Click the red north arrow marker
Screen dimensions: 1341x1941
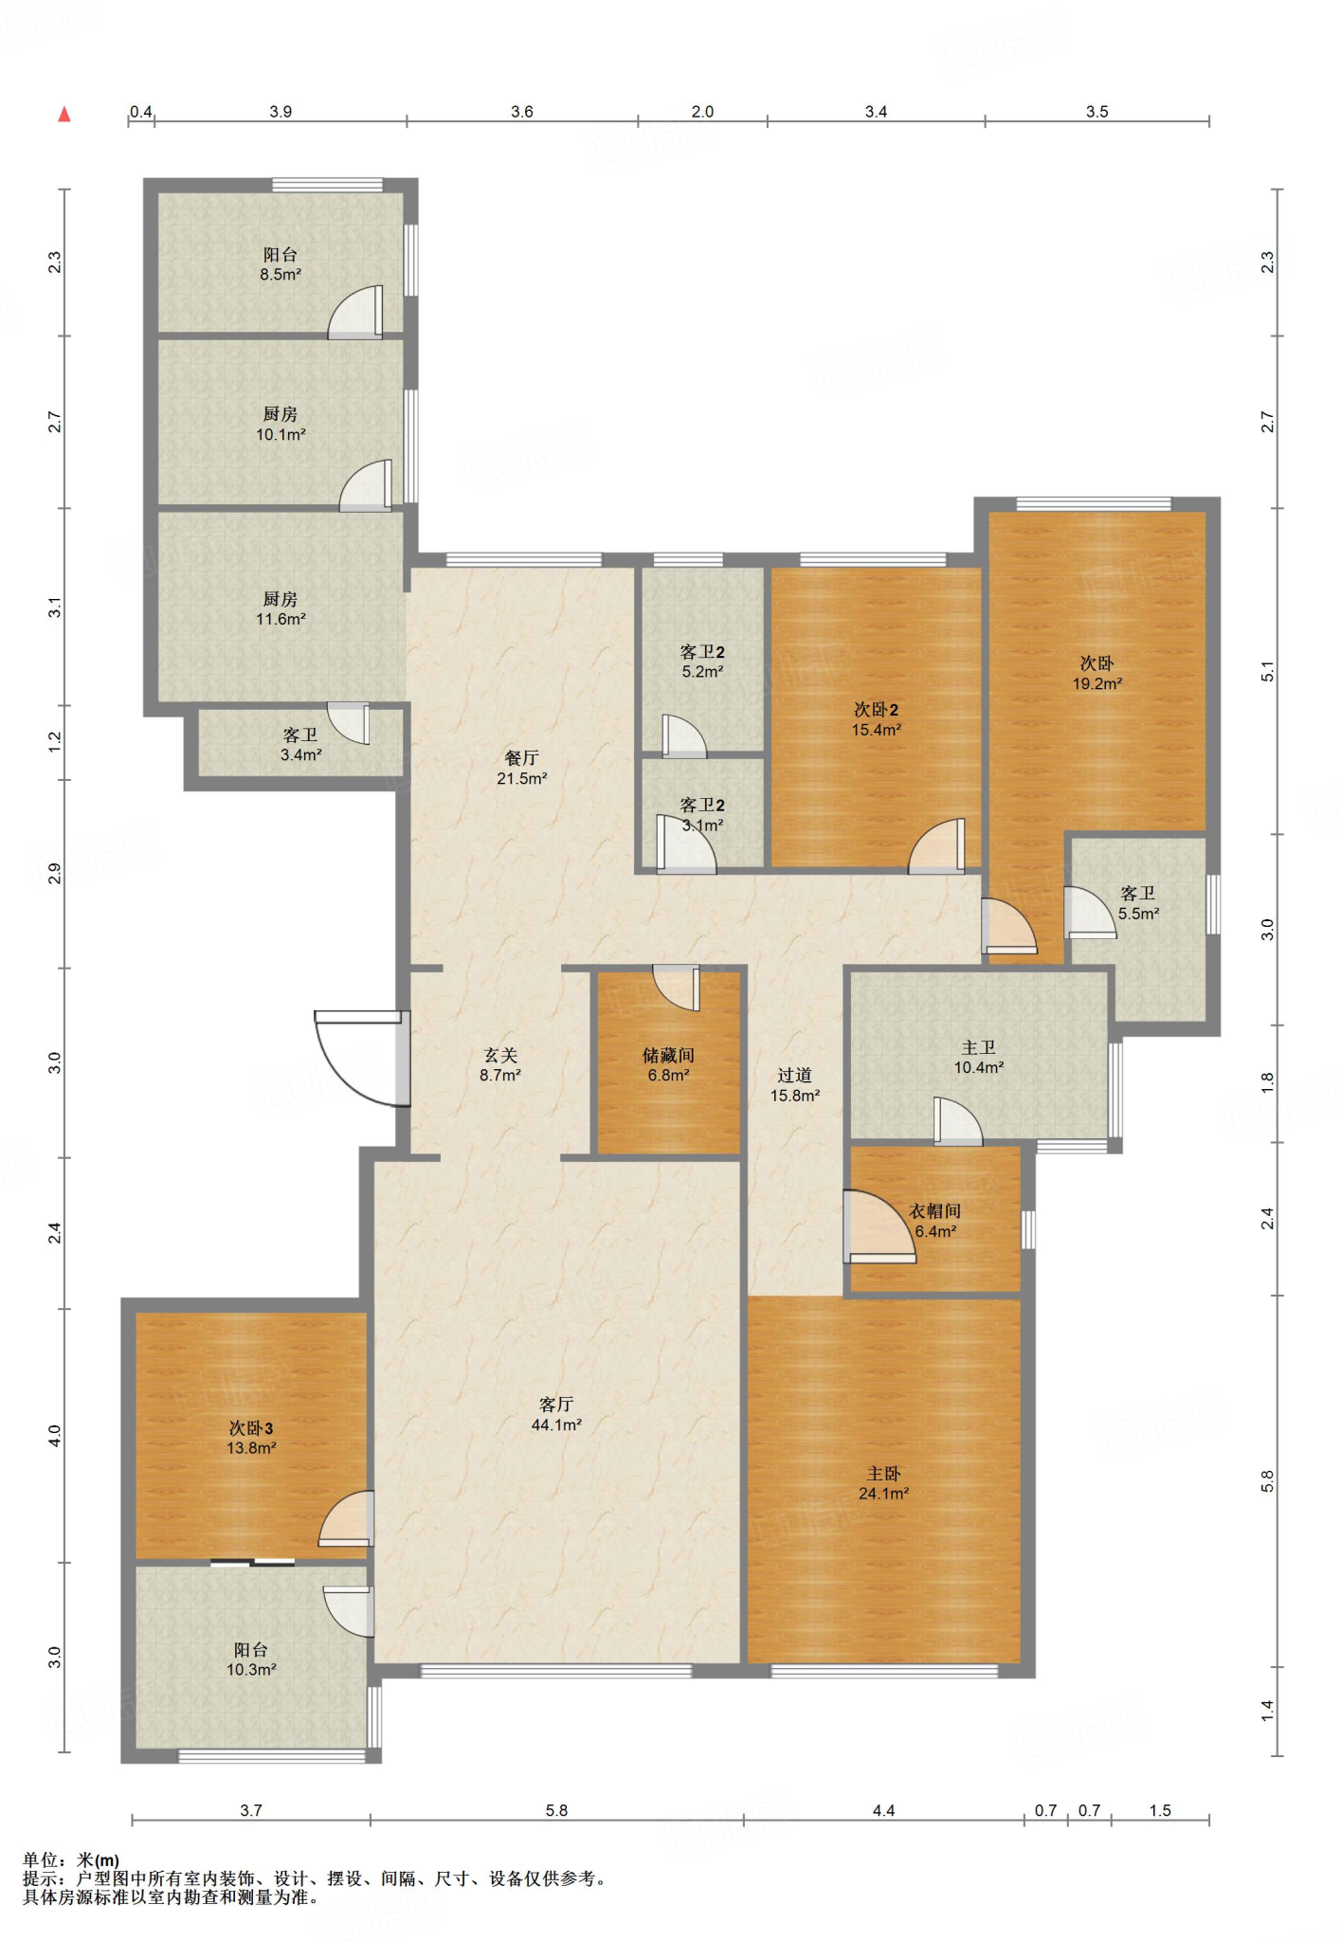[64, 115]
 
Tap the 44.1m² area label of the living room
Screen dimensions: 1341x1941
[556, 1424]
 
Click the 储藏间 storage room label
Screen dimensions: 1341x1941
[668, 1055]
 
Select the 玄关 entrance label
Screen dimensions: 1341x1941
[500, 1055]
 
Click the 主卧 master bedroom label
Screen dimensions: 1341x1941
[883, 1474]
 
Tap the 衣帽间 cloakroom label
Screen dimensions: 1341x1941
[935, 1211]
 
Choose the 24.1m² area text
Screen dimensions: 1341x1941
[883, 1494]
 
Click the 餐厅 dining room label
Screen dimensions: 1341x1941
[521, 758]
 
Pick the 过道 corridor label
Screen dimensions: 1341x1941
[794, 1075]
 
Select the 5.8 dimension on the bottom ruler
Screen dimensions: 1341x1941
[556, 1810]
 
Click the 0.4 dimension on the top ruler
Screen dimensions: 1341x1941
[141, 112]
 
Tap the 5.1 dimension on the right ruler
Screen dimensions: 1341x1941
[1268, 671]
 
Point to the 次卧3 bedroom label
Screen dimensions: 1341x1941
[251, 1428]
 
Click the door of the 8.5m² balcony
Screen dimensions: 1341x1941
[355, 312]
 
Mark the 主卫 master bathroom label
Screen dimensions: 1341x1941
[978, 1047]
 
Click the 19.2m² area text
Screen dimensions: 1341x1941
[1097, 683]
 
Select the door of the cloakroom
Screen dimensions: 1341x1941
[879, 1226]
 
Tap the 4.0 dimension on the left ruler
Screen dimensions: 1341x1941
[55, 1436]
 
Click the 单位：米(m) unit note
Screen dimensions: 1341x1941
[71, 1860]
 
